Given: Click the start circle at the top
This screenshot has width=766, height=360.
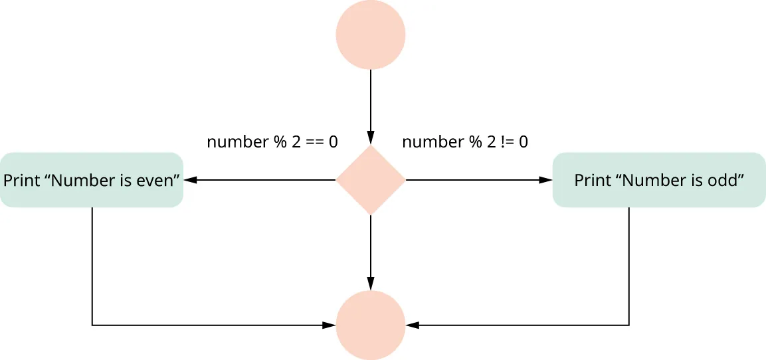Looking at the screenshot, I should (x=371, y=35).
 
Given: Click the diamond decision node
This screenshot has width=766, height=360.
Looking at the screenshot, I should (x=371, y=180).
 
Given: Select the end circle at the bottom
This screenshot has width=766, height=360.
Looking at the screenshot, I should (x=371, y=325).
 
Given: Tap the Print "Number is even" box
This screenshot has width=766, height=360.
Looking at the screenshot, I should (x=92, y=180).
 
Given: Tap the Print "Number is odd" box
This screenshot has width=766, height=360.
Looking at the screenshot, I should (x=658, y=180).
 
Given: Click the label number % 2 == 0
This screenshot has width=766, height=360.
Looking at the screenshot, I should (x=272, y=142).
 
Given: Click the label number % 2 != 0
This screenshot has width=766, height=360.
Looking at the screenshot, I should (x=465, y=142).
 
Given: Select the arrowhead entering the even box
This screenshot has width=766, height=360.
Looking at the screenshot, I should (x=190, y=180).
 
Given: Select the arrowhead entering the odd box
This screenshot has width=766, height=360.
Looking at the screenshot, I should (x=546, y=180).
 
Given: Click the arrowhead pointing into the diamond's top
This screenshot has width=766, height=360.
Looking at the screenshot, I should (x=371, y=139).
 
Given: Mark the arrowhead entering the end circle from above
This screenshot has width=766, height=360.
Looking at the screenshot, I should (x=371, y=284).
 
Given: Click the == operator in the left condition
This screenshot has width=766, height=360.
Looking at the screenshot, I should (x=315, y=142).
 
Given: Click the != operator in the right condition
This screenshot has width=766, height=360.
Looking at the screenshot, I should (x=505, y=142).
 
